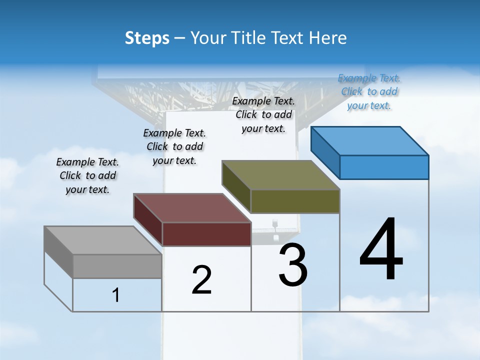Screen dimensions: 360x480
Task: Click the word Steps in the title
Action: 147,38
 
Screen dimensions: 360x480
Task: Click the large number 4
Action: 381,250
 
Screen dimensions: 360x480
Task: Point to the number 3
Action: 293,265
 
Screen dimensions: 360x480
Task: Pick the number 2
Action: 201,280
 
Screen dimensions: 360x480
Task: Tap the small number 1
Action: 116,295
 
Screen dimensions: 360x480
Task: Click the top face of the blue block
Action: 370,141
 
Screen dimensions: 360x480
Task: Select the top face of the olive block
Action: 281,175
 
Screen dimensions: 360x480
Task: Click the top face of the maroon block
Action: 192,208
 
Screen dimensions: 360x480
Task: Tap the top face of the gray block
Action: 103,240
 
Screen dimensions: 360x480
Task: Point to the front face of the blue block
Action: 384,167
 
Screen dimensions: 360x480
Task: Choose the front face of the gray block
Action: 117,266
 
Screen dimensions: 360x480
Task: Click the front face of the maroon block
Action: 206,234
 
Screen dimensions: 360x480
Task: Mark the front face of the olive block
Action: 295,201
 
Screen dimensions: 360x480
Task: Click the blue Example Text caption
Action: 369,91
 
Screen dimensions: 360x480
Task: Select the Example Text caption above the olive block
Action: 263,114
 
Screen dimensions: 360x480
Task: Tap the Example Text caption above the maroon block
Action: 174,146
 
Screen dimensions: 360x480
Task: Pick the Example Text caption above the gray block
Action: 87,175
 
